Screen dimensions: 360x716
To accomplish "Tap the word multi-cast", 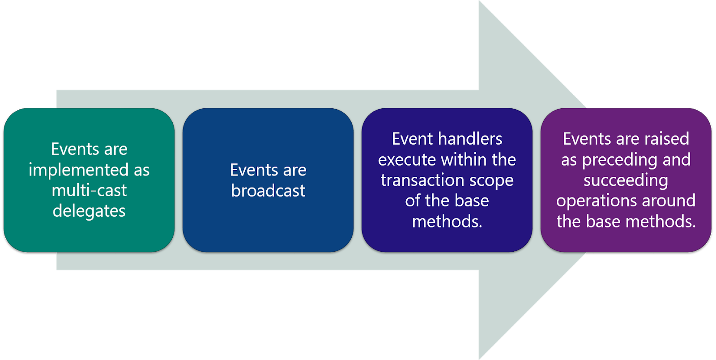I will click(x=89, y=191).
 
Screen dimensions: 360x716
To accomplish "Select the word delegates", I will click(x=89, y=211).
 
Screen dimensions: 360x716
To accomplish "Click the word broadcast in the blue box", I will click(x=268, y=191).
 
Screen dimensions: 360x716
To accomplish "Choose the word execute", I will click(x=407, y=160).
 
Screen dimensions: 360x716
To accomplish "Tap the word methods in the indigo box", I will click(x=447, y=222).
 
